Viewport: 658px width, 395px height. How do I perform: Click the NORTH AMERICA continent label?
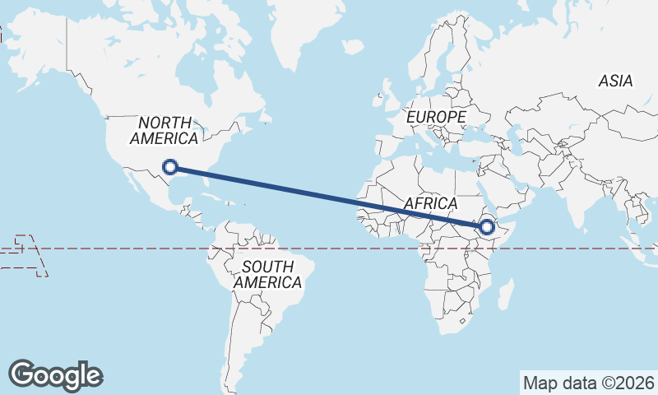tap(164, 131)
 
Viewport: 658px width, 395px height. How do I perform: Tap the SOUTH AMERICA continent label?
tap(267, 274)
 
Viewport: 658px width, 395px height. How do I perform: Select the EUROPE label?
tap(436, 118)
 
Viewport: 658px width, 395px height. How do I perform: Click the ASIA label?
tap(615, 81)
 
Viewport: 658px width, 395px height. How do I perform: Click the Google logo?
tap(55, 374)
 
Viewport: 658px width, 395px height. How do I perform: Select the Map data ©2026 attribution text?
tap(589, 383)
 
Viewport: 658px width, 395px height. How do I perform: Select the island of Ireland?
tap(378, 99)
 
